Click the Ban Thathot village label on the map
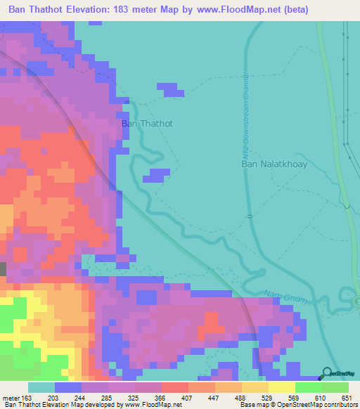click(x=147, y=123)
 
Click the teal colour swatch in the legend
click(x=41, y=387)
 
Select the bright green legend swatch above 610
click(x=308, y=387)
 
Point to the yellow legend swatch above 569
click(x=281, y=387)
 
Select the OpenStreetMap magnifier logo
click(x=328, y=375)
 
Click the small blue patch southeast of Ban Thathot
click(x=156, y=175)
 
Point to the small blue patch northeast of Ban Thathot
click(x=169, y=89)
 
